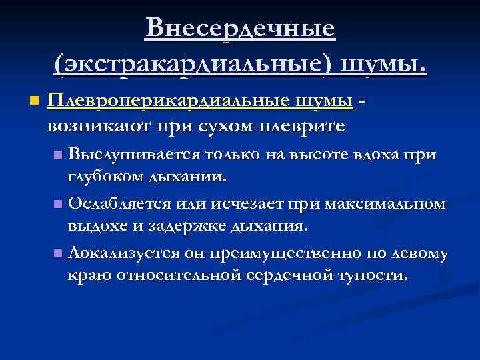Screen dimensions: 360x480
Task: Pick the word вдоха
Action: pos(382,155)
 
